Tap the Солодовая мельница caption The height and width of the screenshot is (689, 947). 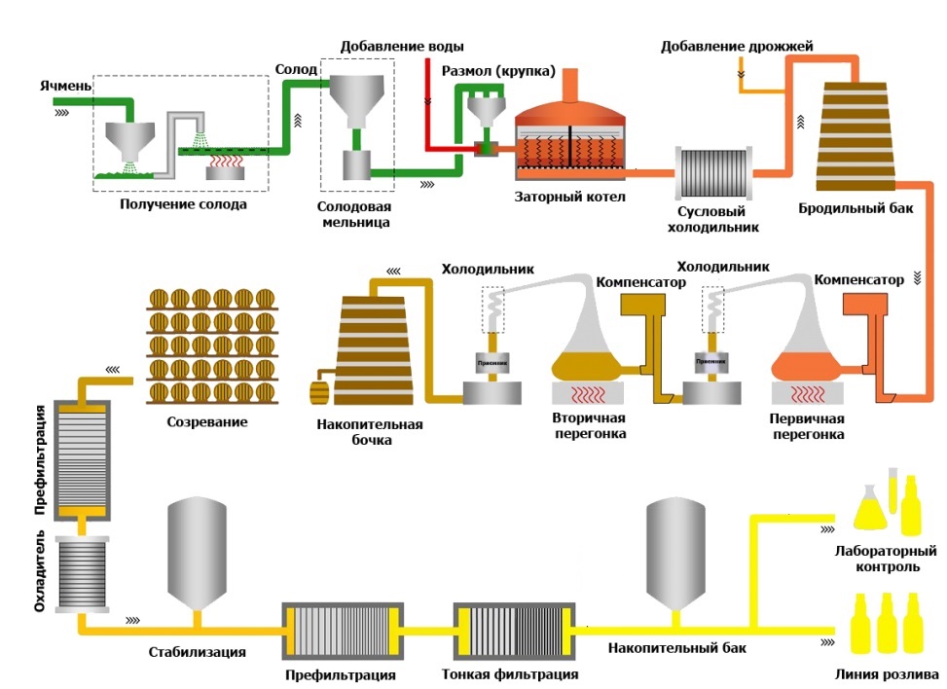point(355,215)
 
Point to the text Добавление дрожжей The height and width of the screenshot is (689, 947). point(737,46)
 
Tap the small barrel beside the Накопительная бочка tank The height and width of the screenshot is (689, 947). point(320,393)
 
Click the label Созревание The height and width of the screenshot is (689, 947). point(206,422)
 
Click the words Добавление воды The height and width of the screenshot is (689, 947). point(402,46)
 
